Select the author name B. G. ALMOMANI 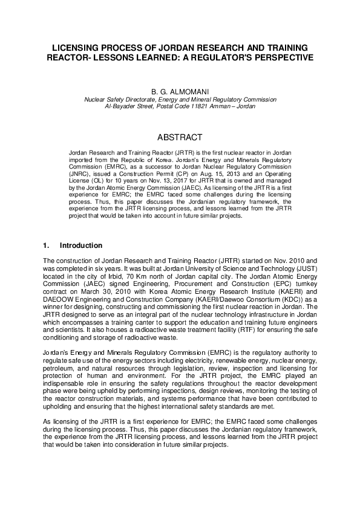[x=180, y=89]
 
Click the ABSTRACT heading [x=180, y=138]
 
